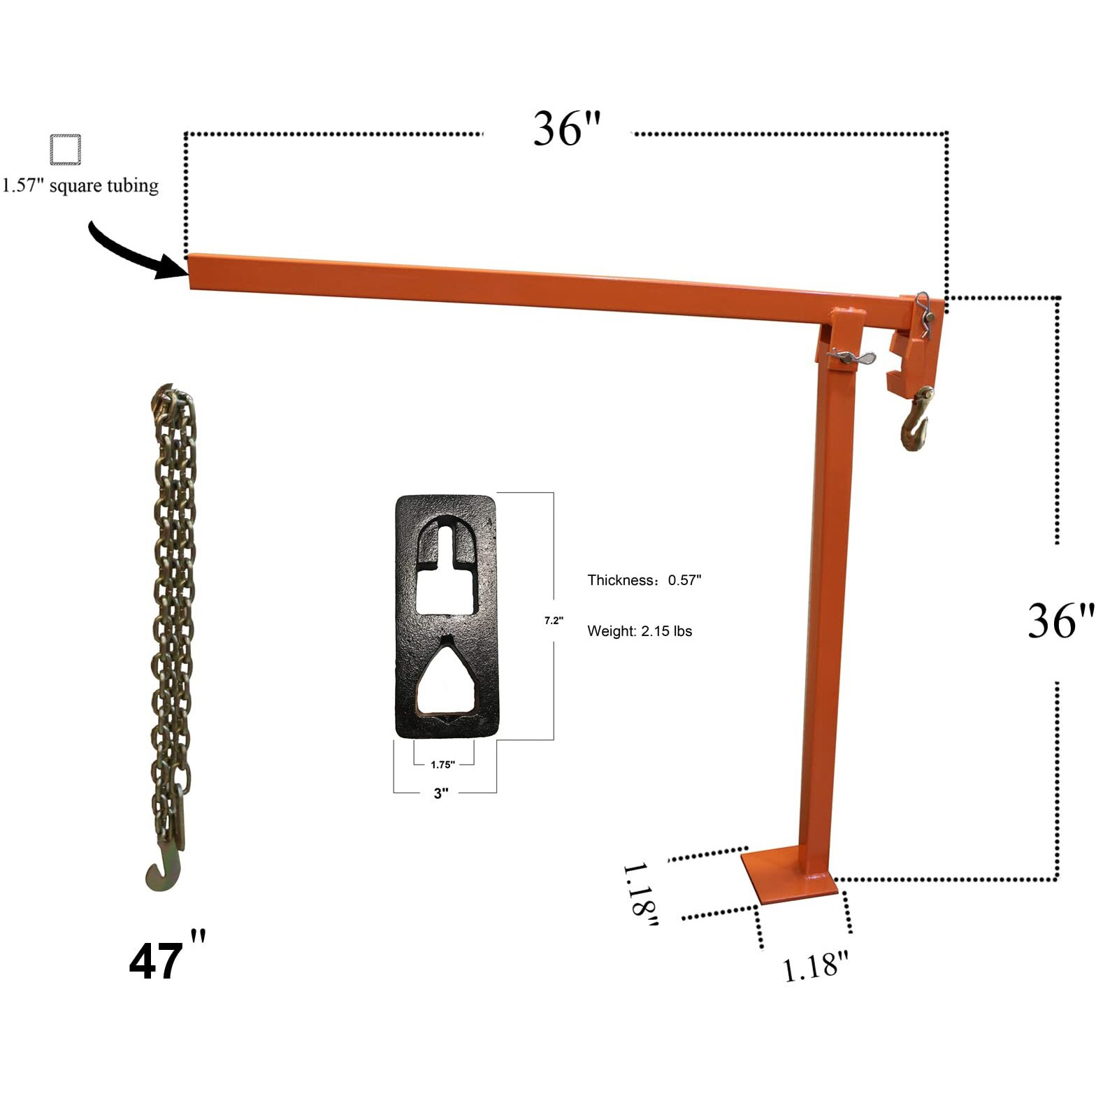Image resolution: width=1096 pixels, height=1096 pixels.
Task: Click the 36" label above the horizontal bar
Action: [x=566, y=129]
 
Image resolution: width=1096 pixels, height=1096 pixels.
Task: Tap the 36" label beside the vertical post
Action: [x=1060, y=621]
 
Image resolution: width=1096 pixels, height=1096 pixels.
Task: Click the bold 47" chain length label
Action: [x=166, y=959]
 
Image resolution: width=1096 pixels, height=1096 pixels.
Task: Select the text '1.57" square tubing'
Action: [x=80, y=186]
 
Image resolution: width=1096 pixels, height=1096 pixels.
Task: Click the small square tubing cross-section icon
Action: [x=66, y=150]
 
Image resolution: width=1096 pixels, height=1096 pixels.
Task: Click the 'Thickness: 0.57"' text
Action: [x=644, y=580]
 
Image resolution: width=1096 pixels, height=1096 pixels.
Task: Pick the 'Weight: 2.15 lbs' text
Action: [x=640, y=631]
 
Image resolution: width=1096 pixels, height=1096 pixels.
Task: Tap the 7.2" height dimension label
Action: [x=554, y=621]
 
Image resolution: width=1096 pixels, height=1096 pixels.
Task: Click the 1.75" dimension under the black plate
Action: [x=442, y=765]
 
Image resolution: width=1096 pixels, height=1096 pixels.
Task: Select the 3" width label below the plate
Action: [x=441, y=793]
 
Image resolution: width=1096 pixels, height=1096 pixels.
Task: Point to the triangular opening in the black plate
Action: [x=446, y=678]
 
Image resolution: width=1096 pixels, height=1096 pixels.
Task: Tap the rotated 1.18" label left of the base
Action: [x=640, y=895]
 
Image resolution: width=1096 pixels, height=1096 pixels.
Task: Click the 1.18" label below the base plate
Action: [x=814, y=967]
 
